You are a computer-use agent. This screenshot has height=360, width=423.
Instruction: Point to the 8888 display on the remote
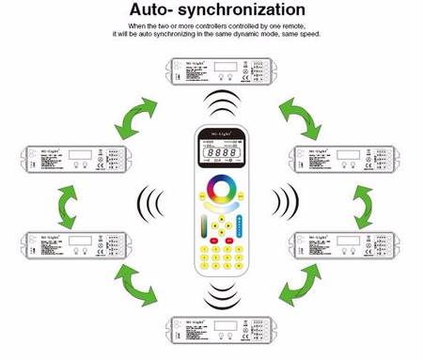coord(217,152)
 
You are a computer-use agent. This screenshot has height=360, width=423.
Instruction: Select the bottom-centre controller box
coord(215,330)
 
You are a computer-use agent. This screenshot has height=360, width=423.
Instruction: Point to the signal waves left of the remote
coord(149,201)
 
